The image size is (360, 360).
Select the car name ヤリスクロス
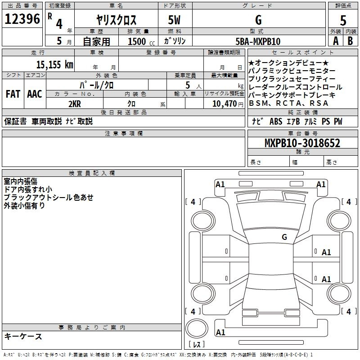pos(117,20)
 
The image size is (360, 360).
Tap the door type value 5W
pos(175,20)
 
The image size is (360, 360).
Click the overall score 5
pos(343,20)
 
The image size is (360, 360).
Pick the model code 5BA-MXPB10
pos(258,41)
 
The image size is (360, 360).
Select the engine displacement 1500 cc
pos(139,41)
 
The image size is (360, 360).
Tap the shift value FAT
pos(13,94)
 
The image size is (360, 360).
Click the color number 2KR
pos(74,104)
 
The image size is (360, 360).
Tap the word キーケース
pos(23,336)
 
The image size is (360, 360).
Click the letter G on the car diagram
pos(284,237)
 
